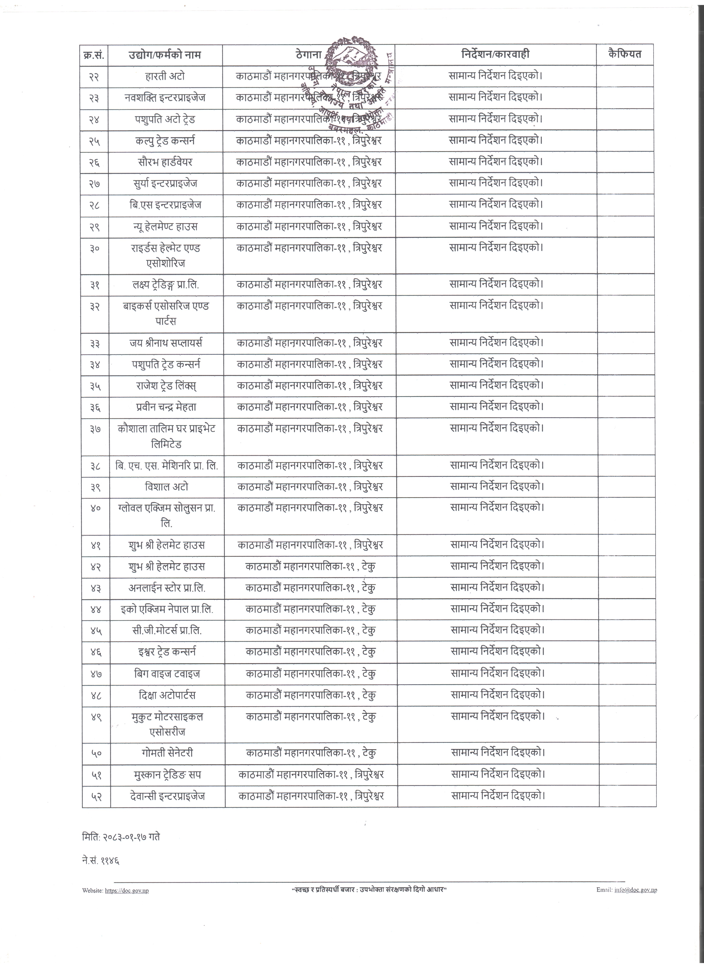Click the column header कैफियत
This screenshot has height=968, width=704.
624,54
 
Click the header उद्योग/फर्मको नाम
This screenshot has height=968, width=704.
165,55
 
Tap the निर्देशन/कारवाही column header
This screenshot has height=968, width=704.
495,54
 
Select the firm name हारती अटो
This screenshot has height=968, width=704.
165,76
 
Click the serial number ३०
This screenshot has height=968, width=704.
94,248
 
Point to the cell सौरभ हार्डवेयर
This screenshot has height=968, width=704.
165,162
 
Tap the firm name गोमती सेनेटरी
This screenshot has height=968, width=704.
167,753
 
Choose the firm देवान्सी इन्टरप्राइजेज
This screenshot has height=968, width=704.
167,796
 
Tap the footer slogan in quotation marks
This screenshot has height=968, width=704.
369,890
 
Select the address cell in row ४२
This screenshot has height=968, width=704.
310,567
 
